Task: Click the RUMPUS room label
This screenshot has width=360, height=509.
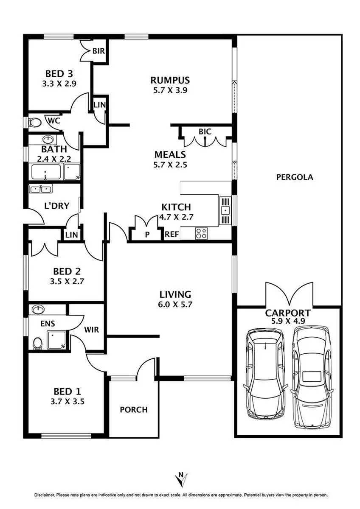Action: click(x=170, y=80)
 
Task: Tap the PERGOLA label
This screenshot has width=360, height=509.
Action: click(x=295, y=177)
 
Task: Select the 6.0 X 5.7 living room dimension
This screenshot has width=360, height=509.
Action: click(x=175, y=304)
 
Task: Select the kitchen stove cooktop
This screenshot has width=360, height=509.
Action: click(x=201, y=233)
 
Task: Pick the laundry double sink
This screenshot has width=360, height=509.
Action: click(x=40, y=189)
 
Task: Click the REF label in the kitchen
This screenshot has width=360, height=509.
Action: click(x=172, y=234)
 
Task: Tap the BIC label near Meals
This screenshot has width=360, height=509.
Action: click(x=205, y=132)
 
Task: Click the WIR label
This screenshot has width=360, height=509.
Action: click(x=92, y=330)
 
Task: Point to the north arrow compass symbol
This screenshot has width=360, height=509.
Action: click(x=181, y=479)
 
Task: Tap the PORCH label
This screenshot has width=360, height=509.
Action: click(x=133, y=410)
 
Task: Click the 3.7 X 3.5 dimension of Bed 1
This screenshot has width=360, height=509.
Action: click(x=69, y=401)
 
